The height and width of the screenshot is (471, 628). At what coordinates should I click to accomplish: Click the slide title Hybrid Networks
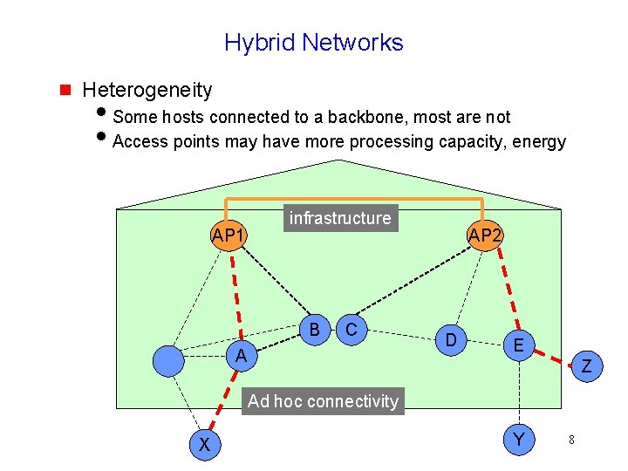coord(313,42)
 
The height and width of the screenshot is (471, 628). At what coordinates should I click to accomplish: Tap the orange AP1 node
coord(229,235)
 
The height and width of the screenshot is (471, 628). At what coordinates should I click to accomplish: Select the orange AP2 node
coord(483,235)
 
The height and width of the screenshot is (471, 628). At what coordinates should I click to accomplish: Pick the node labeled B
coord(314,329)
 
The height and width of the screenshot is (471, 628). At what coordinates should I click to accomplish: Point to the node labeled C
coord(351,329)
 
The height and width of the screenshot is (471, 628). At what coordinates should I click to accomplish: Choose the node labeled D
coord(451,338)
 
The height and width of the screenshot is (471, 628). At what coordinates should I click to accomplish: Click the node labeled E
coord(518,345)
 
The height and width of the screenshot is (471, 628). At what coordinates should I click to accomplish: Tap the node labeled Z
coord(586,367)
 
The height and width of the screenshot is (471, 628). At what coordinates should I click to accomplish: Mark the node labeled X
coord(203,444)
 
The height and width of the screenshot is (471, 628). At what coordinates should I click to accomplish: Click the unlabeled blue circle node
coord(168,359)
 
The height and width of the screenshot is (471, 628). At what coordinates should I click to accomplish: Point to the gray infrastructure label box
coord(340,218)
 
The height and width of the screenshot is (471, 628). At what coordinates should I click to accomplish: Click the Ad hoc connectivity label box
coord(323,401)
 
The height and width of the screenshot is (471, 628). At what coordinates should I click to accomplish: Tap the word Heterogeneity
coord(147,89)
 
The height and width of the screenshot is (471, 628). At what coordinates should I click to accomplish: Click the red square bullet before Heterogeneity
coord(64,89)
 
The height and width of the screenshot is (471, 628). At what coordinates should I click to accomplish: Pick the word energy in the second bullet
coord(542,141)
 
